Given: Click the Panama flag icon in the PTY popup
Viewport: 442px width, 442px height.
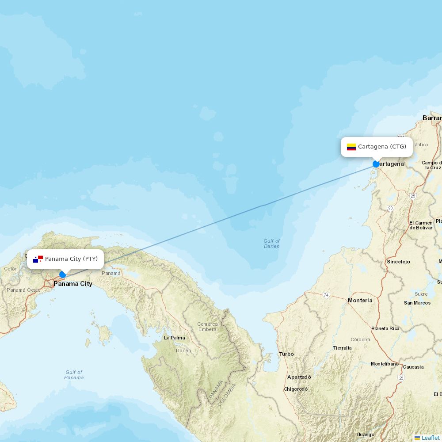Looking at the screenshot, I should (x=38, y=259).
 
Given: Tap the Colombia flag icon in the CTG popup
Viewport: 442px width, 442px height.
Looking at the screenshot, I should (x=351, y=147).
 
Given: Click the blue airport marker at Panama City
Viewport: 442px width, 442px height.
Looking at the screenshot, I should (x=63, y=274).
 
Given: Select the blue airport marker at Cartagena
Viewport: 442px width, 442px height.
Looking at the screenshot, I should (x=376, y=164).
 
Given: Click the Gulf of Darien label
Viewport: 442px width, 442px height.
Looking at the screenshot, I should (x=272, y=244).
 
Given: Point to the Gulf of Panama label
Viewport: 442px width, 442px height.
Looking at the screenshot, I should (x=74, y=375).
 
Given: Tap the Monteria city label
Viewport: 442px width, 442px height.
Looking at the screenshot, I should (x=360, y=301).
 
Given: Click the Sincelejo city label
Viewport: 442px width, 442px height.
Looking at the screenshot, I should (x=398, y=262).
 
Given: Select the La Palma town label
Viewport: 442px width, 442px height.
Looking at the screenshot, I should (x=175, y=338).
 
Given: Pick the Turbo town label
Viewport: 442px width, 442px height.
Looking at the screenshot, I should (x=286, y=354).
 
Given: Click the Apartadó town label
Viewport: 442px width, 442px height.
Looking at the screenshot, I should (x=299, y=377).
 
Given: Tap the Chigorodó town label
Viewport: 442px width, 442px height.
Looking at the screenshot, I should (x=296, y=389).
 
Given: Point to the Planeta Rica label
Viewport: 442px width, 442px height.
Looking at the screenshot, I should (x=385, y=328).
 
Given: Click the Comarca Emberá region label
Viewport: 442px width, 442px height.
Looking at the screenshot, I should (x=207, y=327).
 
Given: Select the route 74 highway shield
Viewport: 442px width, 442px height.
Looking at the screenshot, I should (x=326, y=295).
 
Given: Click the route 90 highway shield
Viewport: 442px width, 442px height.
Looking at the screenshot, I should (x=390, y=208).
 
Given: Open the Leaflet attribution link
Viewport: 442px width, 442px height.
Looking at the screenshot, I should (x=430, y=438).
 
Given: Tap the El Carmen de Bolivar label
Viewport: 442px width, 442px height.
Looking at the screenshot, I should (x=421, y=225).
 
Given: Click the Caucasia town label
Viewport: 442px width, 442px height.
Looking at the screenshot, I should (x=413, y=367).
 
